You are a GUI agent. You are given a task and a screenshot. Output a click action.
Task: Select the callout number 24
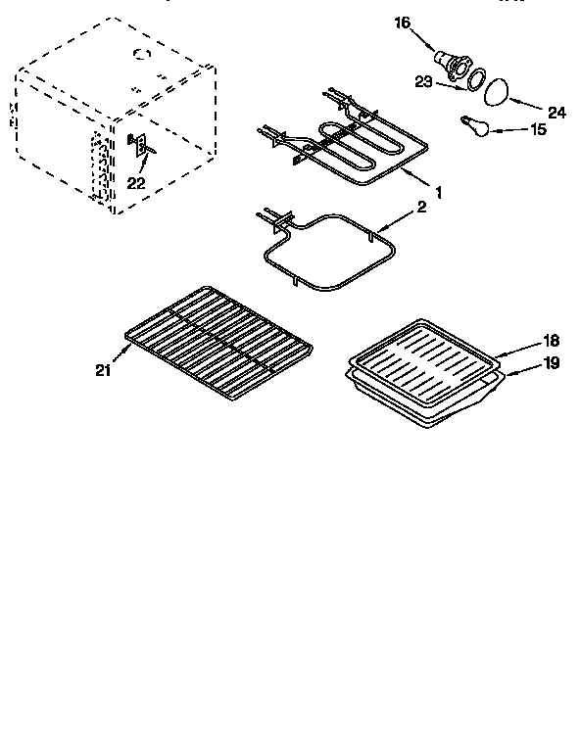[x=556, y=113]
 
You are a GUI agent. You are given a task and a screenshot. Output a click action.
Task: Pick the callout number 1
[x=438, y=192]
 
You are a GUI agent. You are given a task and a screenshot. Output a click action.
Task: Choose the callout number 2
[x=422, y=209]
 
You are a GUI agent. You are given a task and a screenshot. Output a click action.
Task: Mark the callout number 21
[x=105, y=369]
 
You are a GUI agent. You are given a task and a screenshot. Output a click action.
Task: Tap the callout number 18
[x=552, y=340]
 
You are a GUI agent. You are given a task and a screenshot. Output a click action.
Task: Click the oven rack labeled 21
[x=220, y=343]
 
